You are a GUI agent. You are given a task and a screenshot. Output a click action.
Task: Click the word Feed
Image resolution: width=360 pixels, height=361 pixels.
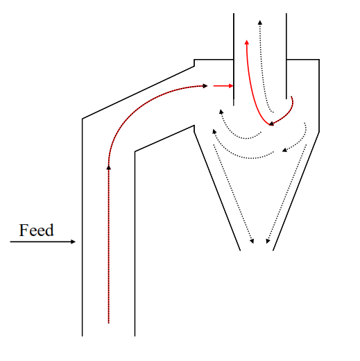tap(36, 230)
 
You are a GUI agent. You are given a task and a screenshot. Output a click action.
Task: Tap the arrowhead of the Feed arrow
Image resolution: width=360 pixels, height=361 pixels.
tap(73, 242)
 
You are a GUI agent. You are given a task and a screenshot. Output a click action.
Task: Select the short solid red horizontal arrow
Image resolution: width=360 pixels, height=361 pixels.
tap(223, 86)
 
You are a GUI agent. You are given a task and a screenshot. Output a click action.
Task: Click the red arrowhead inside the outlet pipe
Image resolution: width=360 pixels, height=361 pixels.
tap(247, 42)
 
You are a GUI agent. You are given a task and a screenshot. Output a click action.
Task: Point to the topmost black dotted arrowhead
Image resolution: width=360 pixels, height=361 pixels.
tap(260, 22)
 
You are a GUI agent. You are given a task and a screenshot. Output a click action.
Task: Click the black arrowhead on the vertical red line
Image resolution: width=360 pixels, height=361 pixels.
tap(109, 167)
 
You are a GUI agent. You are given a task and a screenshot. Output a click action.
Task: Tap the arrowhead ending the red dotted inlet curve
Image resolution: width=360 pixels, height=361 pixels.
tap(205, 86)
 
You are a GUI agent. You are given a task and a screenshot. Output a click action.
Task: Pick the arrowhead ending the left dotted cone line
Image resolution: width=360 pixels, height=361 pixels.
tap(252, 242)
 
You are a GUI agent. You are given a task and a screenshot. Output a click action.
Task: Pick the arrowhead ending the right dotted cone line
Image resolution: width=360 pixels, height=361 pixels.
tap(268, 242)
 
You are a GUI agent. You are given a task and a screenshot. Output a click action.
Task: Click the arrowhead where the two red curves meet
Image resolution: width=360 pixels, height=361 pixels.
tap(271, 124)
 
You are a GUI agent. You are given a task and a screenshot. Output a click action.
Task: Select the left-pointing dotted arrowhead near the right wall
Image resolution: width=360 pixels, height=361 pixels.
tap(284, 150)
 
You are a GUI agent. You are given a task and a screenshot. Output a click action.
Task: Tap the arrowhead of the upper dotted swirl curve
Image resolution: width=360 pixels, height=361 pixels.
tap(221, 112)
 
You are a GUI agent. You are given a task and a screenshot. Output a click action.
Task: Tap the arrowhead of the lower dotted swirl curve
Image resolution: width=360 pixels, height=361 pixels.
tap(214, 131)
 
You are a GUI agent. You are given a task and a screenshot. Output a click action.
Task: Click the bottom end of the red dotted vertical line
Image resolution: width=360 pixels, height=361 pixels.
tap(109, 323)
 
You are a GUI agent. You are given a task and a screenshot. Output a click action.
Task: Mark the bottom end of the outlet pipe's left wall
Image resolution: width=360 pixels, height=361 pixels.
tap(234, 106)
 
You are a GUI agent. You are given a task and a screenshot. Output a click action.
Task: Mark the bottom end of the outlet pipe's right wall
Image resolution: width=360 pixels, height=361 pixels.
tap(286, 99)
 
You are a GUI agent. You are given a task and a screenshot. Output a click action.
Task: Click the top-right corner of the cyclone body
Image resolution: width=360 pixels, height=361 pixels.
tap(319, 60)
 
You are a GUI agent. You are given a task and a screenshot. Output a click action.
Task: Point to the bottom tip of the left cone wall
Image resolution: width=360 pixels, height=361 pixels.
tap(240, 251)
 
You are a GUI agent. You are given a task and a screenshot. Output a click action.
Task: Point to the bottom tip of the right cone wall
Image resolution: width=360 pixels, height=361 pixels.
tap(273, 251)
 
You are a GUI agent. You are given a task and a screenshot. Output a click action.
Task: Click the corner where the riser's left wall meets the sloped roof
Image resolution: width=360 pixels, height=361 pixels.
tap(83, 119)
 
